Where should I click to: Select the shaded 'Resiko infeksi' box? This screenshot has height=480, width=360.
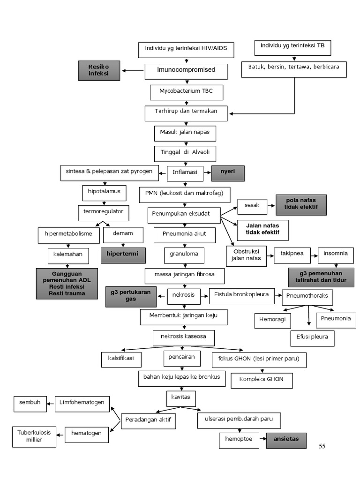(x=98, y=70)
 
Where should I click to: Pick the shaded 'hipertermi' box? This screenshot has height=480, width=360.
(x=123, y=255)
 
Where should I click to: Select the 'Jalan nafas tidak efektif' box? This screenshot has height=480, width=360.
(x=262, y=230)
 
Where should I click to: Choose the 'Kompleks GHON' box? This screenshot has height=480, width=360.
(x=261, y=380)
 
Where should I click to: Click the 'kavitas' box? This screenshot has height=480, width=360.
(x=180, y=398)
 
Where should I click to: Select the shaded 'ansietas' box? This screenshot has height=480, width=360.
(x=286, y=440)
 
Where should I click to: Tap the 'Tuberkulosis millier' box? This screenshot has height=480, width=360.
(x=31, y=436)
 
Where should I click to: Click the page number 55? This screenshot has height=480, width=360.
(x=322, y=446)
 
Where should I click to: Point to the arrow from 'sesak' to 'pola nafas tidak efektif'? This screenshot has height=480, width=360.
(x=271, y=205)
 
